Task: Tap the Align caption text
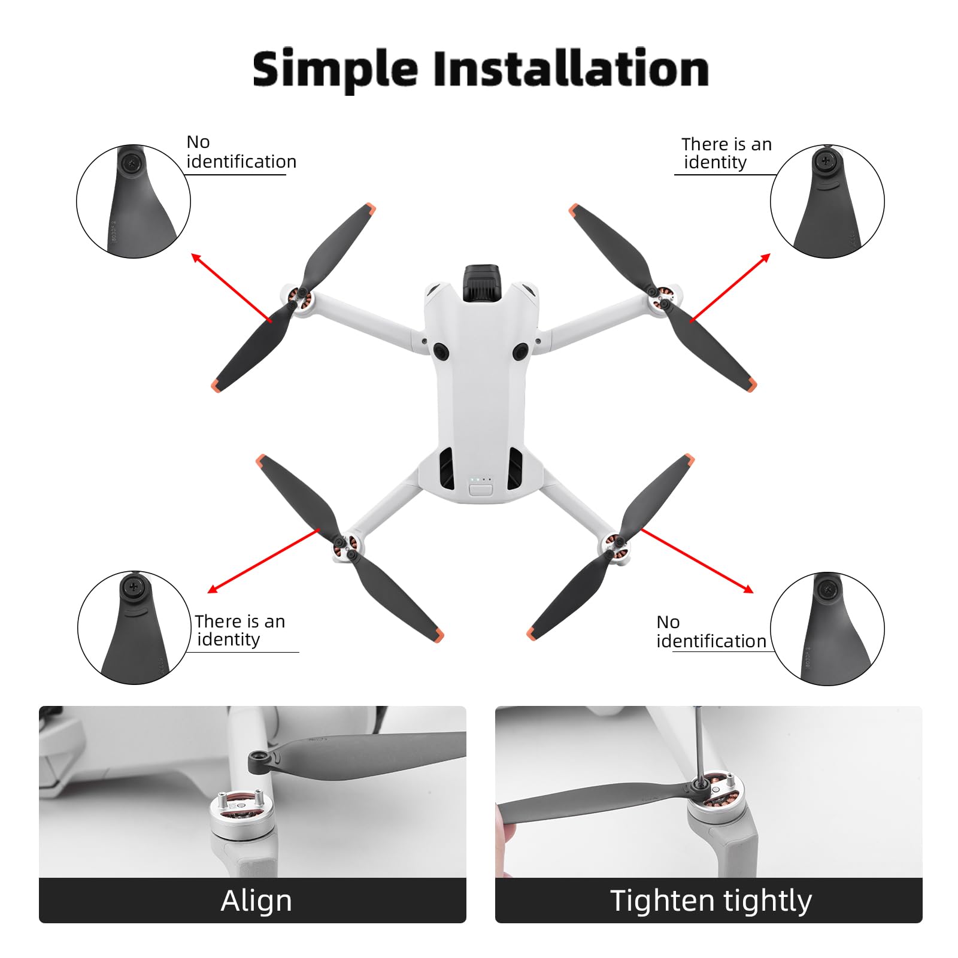pyautogui.click(x=256, y=901)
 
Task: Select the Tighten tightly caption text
pyautogui.click(x=711, y=901)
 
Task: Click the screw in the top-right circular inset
pyautogui.click(x=826, y=160)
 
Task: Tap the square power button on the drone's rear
pyautogui.click(x=480, y=490)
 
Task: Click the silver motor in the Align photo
pyautogui.click(x=242, y=817)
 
